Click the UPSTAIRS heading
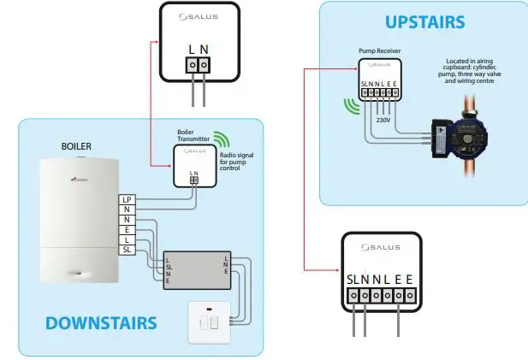424,21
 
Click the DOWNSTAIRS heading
101,322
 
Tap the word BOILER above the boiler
76,146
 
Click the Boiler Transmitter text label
191,134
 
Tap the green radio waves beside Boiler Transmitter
222,140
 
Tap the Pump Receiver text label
379,51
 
